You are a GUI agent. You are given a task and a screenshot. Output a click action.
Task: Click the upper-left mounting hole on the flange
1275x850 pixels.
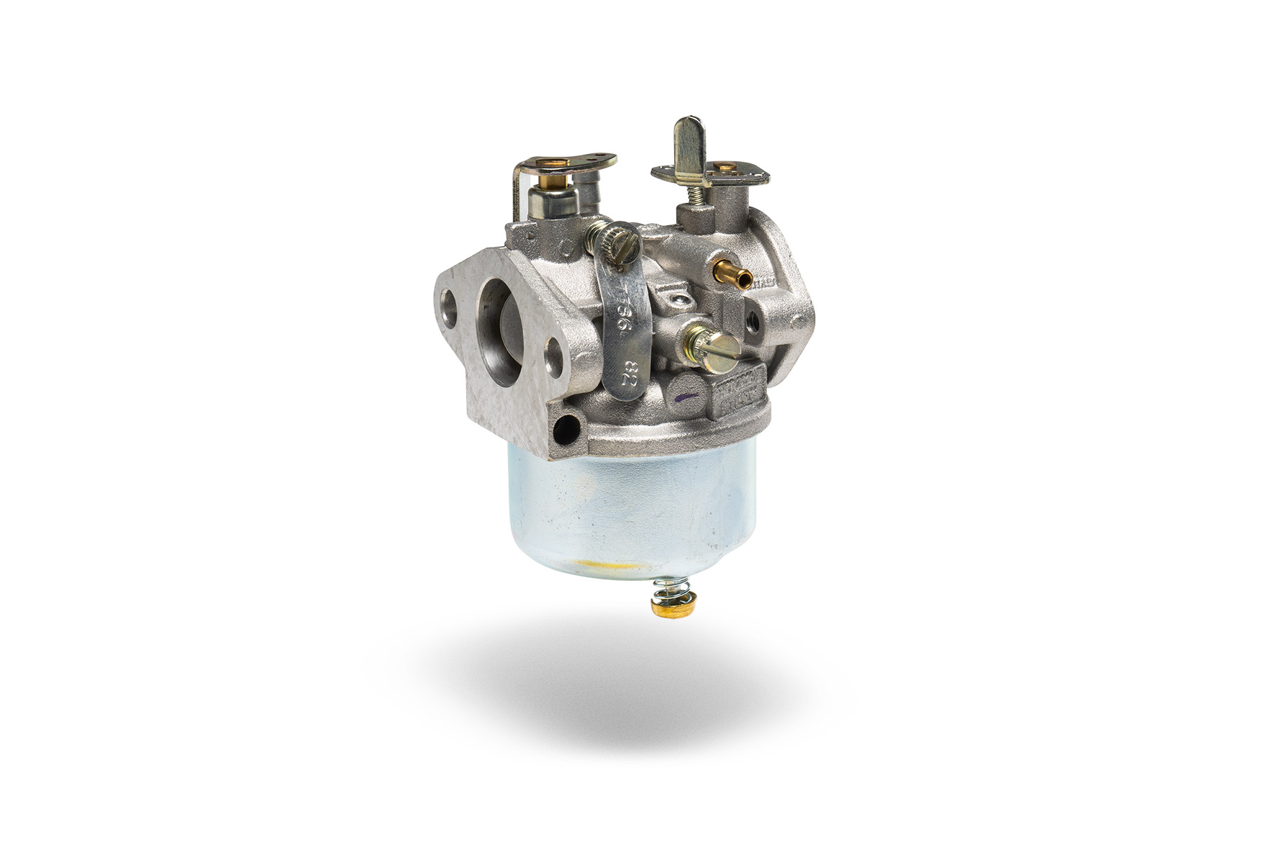[446, 302]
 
